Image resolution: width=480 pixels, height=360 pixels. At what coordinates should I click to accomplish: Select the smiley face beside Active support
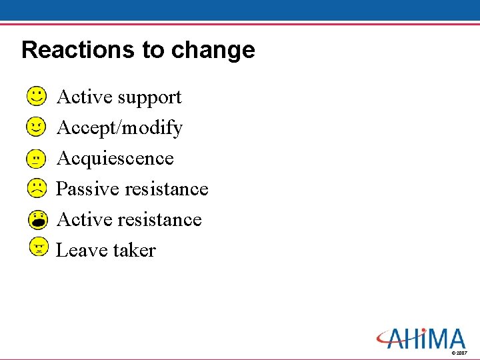(x=38, y=97)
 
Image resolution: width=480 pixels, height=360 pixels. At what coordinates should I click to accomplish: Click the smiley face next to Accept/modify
(x=38, y=127)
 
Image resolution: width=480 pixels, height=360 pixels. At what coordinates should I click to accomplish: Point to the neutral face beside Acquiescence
(x=38, y=158)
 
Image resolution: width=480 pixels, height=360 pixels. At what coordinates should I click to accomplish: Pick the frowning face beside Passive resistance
(x=38, y=189)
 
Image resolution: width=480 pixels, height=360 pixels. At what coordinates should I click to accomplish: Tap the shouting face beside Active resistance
(x=39, y=219)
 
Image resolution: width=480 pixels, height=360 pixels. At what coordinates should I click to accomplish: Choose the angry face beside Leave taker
(x=39, y=247)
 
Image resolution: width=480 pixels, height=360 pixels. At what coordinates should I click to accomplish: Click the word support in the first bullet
(x=150, y=98)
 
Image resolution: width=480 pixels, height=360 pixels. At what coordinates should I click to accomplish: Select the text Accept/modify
(x=119, y=128)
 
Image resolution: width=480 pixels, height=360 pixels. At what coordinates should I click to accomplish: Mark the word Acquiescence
(x=115, y=159)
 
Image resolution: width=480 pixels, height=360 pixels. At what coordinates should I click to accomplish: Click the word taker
(x=134, y=251)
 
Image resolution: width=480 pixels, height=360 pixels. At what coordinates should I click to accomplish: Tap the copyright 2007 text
(x=459, y=353)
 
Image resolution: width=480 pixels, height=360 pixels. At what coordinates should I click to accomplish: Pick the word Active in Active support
(x=85, y=97)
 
